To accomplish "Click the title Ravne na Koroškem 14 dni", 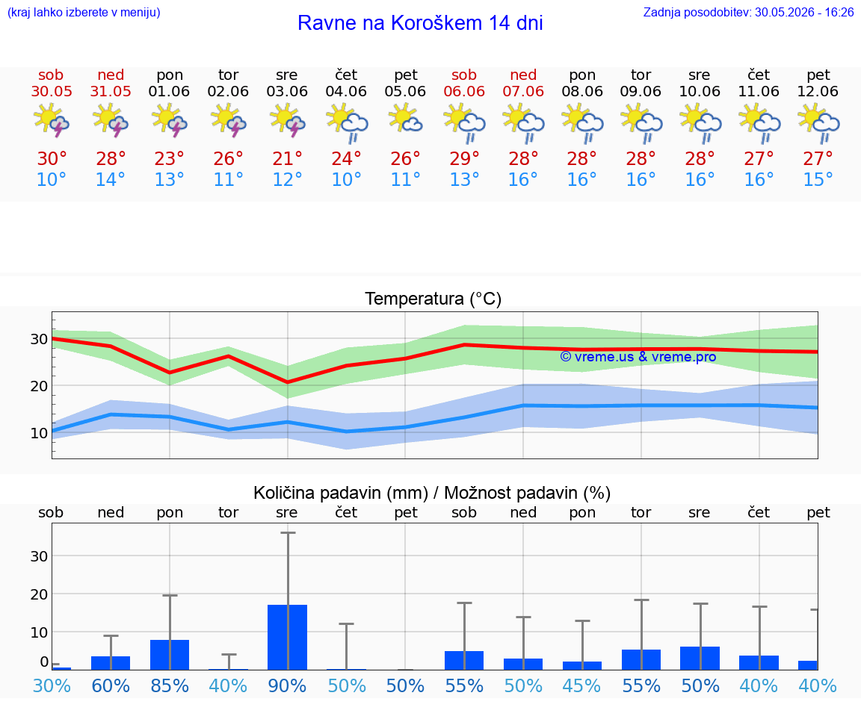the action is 420,23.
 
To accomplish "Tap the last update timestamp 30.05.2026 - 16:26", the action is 804,12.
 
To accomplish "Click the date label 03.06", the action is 287,91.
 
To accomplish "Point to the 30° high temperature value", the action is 52,158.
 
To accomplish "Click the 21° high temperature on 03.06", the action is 287,158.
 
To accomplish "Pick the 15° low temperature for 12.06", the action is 818,179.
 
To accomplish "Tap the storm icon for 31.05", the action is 111,121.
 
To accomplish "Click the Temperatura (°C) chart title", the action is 433,299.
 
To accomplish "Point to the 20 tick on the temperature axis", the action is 39,386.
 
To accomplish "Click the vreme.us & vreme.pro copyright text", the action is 638,357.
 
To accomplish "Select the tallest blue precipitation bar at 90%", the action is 287,638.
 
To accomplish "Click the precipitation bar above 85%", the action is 170,655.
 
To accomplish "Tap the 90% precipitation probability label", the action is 287,685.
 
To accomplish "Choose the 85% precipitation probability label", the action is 170,685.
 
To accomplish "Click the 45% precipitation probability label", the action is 582,685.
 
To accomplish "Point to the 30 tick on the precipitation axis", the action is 39,556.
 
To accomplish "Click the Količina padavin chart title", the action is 432,493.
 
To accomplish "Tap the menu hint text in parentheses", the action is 84,12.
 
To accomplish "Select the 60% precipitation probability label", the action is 111,685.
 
